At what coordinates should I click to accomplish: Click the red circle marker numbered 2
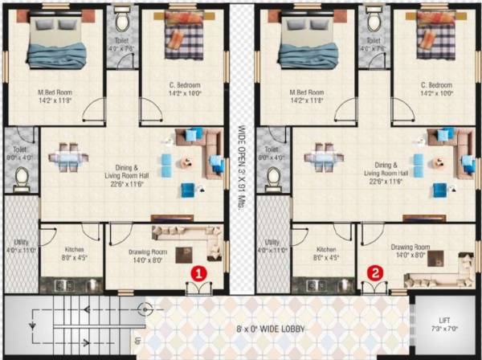click(375, 272)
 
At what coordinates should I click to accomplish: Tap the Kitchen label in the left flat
click(74, 253)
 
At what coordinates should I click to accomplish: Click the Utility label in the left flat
click(22, 246)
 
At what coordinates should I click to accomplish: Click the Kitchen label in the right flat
click(326, 253)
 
